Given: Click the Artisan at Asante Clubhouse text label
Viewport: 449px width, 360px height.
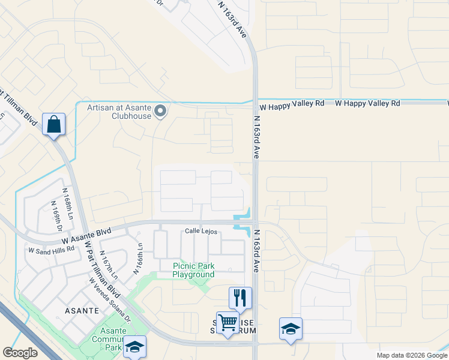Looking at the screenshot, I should point(118,112).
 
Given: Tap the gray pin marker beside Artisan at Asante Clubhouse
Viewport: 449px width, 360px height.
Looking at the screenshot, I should point(160,111).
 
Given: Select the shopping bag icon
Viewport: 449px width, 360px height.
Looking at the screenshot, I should point(53,125).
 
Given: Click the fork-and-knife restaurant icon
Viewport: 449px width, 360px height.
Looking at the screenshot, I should point(240,297).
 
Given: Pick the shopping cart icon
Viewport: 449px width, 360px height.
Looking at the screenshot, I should point(228,323).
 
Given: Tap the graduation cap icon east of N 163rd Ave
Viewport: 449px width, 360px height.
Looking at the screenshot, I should point(291,329).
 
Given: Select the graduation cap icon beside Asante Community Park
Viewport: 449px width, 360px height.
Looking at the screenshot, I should point(135,346).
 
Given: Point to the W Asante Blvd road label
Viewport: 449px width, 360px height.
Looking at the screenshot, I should point(86,235).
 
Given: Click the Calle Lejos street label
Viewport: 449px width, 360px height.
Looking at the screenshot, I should point(200,231).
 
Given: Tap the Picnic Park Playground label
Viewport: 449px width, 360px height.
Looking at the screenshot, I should point(193,271).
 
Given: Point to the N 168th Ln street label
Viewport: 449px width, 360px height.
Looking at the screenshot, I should point(68,203).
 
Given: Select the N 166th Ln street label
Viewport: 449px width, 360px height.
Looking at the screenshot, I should point(139,258).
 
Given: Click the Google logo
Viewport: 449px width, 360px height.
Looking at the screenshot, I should point(20,353).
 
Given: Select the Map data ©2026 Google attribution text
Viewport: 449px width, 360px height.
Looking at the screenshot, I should point(411,355).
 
